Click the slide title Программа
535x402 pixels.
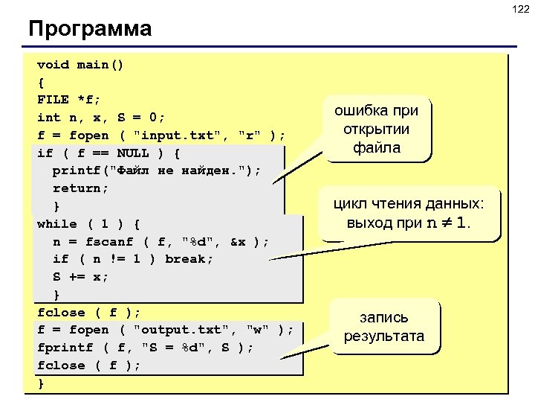(90, 29)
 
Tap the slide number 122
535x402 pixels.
(519, 9)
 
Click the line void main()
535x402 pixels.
(80, 64)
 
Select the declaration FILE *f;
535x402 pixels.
(69, 100)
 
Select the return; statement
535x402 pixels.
(80, 188)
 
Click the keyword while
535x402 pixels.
(57, 223)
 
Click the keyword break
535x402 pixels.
(188, 259)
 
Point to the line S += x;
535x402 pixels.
(80, 277)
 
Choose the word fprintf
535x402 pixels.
(65, 348)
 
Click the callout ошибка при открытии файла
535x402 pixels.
(376, 129)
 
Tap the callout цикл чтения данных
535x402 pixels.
(409, 213)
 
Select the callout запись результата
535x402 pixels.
(383, 328)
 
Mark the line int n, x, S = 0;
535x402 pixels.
(101, 118)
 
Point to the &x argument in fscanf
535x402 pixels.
(238, 242)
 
